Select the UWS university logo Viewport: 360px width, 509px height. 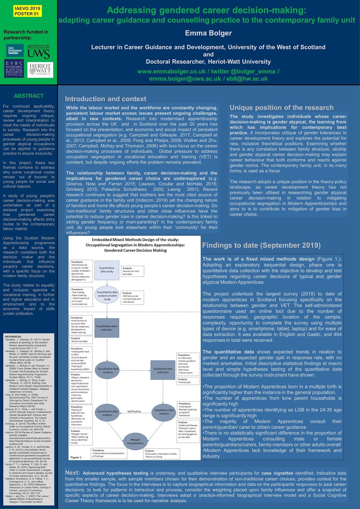[38, 52]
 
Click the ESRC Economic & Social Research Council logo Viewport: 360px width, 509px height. [14, 69]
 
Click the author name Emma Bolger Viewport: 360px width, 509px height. [208, 33]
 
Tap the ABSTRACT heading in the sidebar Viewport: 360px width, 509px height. [29, 96]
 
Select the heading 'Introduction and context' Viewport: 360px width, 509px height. [106, 99]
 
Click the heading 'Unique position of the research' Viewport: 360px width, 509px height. [281, 108]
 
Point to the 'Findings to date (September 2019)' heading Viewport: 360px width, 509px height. [261, 245]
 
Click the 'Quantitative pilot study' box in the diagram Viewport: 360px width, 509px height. [107, 270]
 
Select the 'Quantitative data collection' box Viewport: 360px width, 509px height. [107, 328]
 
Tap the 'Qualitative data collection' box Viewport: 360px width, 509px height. [163, 370]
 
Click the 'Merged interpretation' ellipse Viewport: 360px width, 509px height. [135, 441]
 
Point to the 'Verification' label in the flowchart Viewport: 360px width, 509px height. [134, 411]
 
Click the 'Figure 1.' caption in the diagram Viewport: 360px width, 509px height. [76, 457]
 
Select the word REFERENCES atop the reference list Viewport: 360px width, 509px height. [13, 337]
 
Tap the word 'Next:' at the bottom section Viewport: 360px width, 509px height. [73, 473]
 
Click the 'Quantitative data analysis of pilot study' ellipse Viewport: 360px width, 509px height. [107, 296]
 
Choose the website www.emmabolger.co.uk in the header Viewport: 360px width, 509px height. [171, 72]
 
